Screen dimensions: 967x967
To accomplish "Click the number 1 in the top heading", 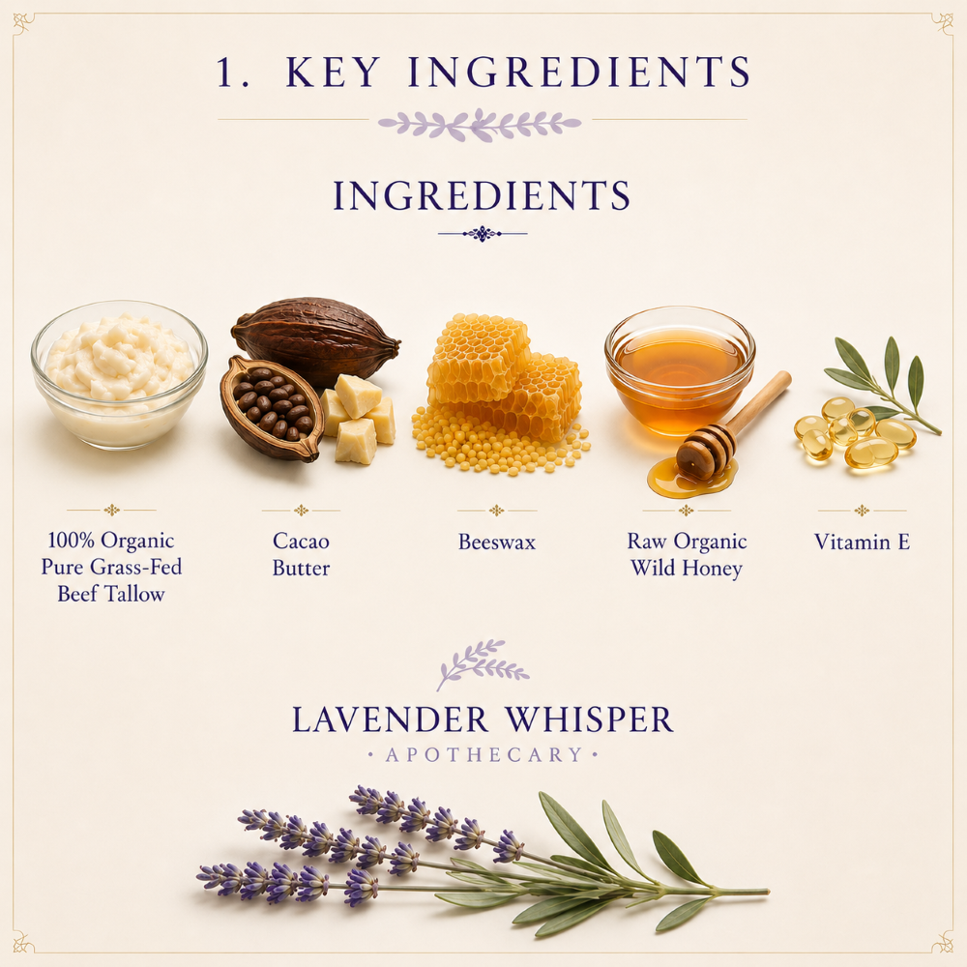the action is pyautogui.click(x=225, y=72).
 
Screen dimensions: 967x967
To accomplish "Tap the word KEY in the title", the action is pyautogui.click(x=333, y=72).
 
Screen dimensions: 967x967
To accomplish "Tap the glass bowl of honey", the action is pyautogui.click(x=680, y=370).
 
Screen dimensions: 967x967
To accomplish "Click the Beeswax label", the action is pyautogui.click(x=497, y=542).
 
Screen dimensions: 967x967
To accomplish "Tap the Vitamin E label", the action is pyautogui.click(x=862, y=542).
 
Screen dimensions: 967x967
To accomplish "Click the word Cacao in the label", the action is pyautogui.click(x=301, y=542).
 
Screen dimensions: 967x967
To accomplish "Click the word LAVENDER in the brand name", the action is pyautogui.click(x=391, y=719).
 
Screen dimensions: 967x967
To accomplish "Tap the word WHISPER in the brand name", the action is pyautogui.click(x=589, y=719).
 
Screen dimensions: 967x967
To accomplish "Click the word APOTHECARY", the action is pyautogui.click(x=483, y=755).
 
